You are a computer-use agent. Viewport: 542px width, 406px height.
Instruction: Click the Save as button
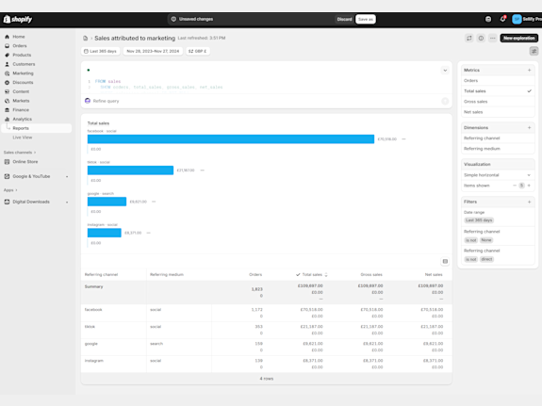366,19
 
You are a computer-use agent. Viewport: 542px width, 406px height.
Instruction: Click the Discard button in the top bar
344,19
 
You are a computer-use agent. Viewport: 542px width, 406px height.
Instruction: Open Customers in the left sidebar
24,64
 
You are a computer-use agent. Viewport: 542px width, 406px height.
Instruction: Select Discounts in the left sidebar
24,82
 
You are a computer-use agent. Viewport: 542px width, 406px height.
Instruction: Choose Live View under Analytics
23,138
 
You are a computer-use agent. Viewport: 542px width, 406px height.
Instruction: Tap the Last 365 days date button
101,51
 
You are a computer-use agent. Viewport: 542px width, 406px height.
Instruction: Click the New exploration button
518,39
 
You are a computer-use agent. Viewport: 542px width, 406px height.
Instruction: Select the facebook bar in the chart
230,139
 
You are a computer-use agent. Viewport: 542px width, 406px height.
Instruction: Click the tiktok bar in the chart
130,171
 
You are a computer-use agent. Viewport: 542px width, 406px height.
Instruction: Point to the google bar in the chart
107,202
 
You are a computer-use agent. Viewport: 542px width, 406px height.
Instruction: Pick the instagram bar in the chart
104,233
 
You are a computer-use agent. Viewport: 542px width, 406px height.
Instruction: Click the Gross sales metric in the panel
476,102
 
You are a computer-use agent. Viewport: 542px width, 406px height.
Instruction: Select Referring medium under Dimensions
482,149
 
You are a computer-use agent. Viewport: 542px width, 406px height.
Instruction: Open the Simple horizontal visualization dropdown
497,175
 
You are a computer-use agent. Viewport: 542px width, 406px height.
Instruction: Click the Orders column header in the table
255,275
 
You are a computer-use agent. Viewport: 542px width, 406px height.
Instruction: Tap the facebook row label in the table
93,309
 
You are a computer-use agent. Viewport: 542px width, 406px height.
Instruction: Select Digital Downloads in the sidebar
31,202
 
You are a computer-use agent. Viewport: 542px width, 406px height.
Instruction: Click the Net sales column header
433,275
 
